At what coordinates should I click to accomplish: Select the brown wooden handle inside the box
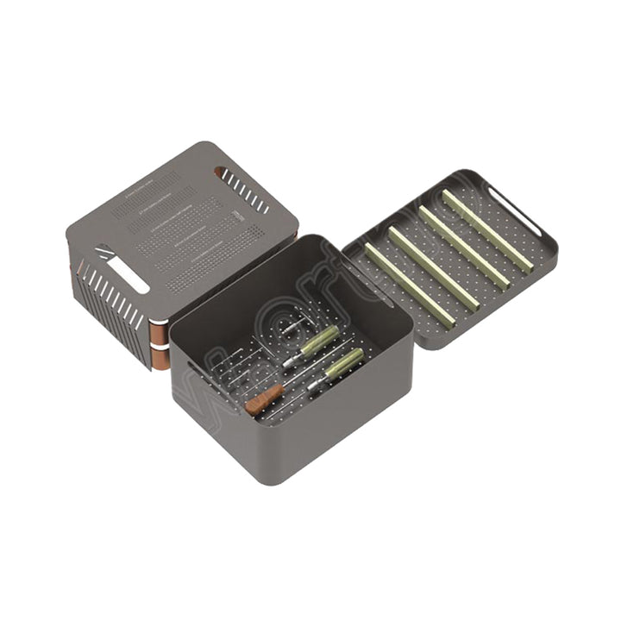tap(263, 398)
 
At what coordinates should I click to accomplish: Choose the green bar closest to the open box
tap(408, 285)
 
